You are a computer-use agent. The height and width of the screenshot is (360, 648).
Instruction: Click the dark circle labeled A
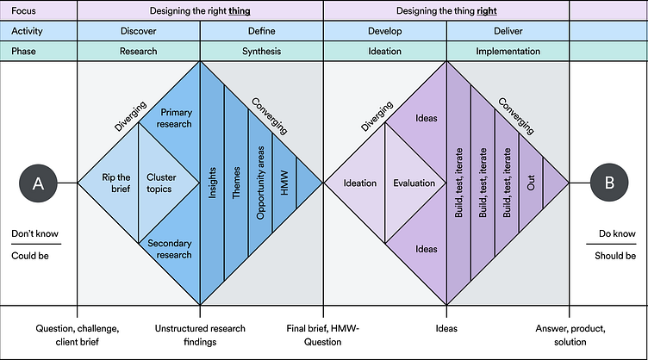tap(38, 183)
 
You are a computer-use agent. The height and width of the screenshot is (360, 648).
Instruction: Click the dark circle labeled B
tap(610, 183)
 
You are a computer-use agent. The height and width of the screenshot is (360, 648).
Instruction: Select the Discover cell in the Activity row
tap(138, 31)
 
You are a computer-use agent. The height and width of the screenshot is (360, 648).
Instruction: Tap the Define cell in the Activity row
tap(261, 31)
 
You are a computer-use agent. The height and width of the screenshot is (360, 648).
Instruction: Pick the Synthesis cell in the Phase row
tap(261, 51)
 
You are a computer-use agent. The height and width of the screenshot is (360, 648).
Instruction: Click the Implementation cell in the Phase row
tap(508, 51)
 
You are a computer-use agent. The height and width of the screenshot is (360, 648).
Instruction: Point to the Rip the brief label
tap(115, 183)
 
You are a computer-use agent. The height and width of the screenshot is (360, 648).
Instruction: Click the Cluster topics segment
tap(161, 183)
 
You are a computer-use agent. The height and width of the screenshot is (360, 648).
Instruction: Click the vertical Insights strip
tap(212, 183)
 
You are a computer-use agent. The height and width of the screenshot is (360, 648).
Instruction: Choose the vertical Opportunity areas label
tap(260, 183)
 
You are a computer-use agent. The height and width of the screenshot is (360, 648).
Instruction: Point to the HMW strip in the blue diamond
tap(284, 183)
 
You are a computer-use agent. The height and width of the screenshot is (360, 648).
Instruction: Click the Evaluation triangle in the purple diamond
tap(414, 183)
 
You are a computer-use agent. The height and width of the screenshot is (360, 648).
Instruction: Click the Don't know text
tap(35, 233)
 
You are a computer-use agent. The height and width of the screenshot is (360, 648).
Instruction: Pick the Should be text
tap(616, 256)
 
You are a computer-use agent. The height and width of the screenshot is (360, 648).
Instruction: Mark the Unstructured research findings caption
tap(200, 335)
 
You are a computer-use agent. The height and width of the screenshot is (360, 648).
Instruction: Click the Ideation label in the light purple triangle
tap(359, 183)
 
